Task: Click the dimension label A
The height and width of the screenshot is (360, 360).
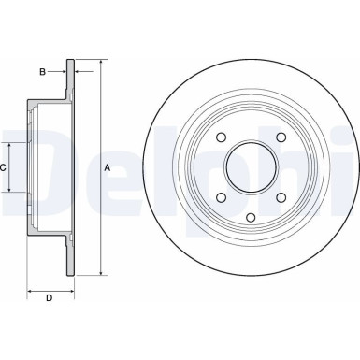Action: tap(108, 168)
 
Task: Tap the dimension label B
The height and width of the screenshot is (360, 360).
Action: tap(42, 70)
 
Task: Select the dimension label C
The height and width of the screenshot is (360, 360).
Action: tap(5, 168)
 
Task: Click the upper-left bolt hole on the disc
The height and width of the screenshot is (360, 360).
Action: tap(221, 139)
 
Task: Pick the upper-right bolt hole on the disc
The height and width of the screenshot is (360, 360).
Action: tap(280, 139)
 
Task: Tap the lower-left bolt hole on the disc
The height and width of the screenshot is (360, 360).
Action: tap(221, 196)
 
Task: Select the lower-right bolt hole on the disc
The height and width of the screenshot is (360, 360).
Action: tap(280, 196)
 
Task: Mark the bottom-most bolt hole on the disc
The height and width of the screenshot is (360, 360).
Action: tap(251, 218)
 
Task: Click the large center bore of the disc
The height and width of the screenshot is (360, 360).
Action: tap(251, 169)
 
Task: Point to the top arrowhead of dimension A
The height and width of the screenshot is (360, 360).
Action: tap(99, 64)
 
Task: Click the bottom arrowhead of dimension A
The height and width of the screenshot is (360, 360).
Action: tap(99, 274)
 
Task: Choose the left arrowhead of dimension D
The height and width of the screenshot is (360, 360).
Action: tap(29, 288)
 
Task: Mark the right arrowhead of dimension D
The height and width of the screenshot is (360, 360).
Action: tap(70, 288)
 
